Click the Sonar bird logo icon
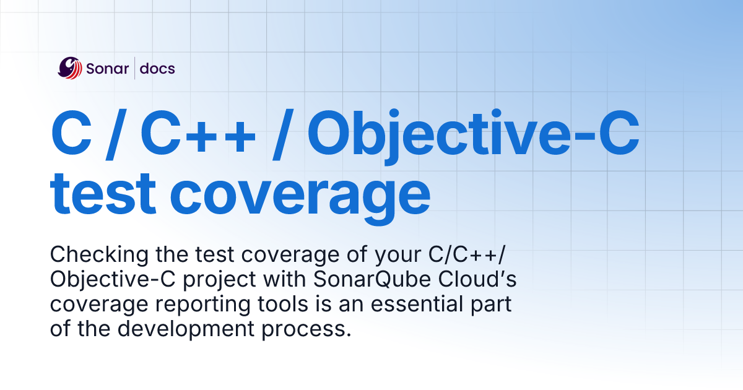[69, 68]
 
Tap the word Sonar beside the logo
[108, 69]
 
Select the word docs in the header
[157, 68]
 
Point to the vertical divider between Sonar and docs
[135, 68]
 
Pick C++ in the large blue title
[198, 132]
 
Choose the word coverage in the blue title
[300, 198]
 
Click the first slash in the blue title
[116, 134]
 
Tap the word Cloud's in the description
[477, 279]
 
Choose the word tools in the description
[283, 304]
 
